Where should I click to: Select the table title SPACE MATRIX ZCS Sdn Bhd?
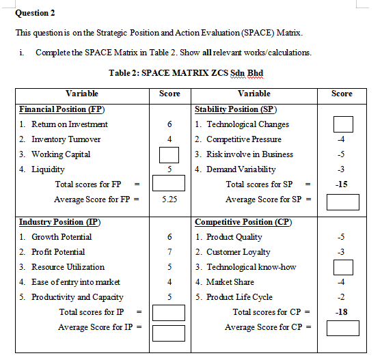coord(186,72)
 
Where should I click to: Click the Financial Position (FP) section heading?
coord(62,109)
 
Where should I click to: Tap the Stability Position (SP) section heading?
coord(236,109)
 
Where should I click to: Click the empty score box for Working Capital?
coord(169,154)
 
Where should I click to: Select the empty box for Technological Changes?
coord(342,124)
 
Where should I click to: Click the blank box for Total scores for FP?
coord(169,184)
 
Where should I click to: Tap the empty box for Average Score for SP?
coord(342,201)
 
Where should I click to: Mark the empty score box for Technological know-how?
coord(342,267)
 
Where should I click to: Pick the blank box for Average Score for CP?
coord(342,328)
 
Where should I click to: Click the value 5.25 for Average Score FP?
coord(169,199)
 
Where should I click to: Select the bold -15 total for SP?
coord(342,184)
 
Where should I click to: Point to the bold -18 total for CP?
coord(342,312)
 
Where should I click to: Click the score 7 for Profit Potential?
coord(169,252)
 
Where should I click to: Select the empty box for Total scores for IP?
coord(169,313)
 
